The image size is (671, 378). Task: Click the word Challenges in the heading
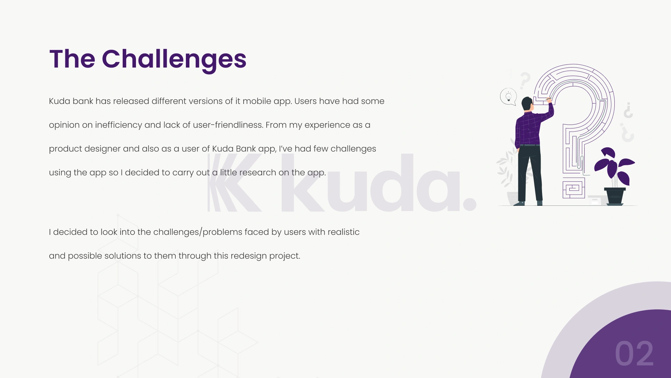pyautogui.click(x=174, y=59)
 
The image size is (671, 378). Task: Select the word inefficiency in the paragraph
pyautogui.click(x=118, y=125)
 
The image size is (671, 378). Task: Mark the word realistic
pyautogui.click(x=344, y=232)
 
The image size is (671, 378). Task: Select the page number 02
pyautogui.click(x=634, y=354)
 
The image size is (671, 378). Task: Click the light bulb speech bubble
pyautogui.click(x=508, y=97)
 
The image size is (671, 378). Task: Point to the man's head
pyautogui.click(x=527, y=104)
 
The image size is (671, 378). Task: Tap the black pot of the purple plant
pyautogui.click(x=615, y=196)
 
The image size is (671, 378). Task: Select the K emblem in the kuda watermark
pyautogui.click(x=234, y=182)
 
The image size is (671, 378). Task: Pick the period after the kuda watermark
pyautogui.click(x=470, y=204)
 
